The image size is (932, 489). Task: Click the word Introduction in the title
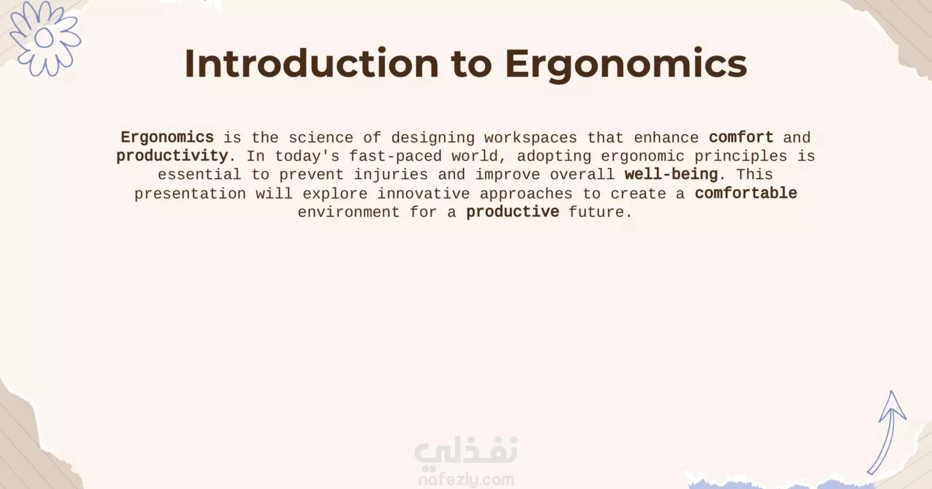click(x=312, y=63)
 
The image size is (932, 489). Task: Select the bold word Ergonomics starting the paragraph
click(x=167, y=138)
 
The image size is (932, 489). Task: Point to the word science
click(x=321, y=138)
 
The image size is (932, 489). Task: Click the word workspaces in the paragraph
click(x=531, y=138)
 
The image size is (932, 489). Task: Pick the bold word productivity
click(x=172, y=156)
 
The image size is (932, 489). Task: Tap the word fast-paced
click(x=396, y=156)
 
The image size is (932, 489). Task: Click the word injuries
click(x=391, y=175)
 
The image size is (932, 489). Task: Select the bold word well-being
click(x=671, y=175)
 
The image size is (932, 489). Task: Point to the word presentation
click(x=190, y=194)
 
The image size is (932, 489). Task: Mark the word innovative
click(x=423, y=194)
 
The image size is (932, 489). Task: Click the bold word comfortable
click(x=746, y=193)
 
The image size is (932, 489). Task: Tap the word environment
click(x=349, y=212)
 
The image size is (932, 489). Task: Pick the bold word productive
click(x=513, y=212)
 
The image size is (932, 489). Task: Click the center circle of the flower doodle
click(x=44, y=38)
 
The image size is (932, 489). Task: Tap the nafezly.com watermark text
click(x=466, y=480)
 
